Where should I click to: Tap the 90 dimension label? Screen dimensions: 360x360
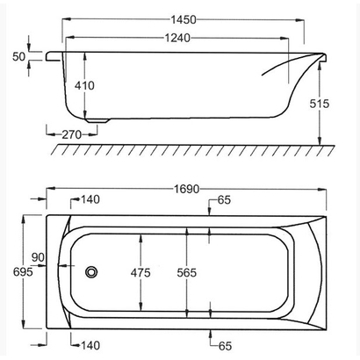click(38, 257)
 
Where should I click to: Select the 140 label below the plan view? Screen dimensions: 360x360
click(89, 345)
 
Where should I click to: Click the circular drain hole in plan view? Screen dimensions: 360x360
click(91, 272)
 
